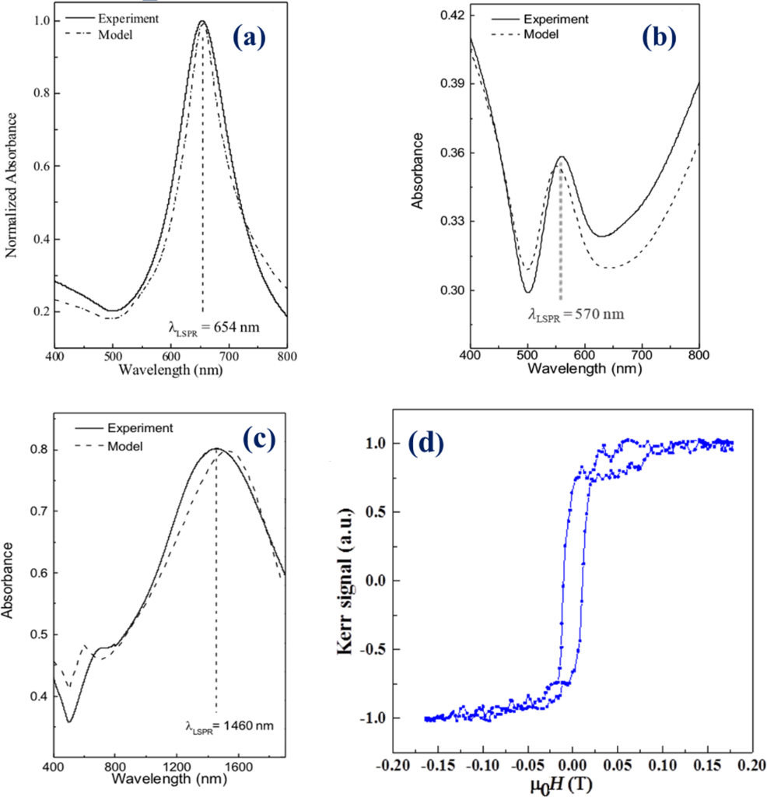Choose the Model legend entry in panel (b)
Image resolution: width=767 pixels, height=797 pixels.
[x=541, y=35]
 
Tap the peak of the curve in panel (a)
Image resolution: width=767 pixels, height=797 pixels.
[x=202, y=22]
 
